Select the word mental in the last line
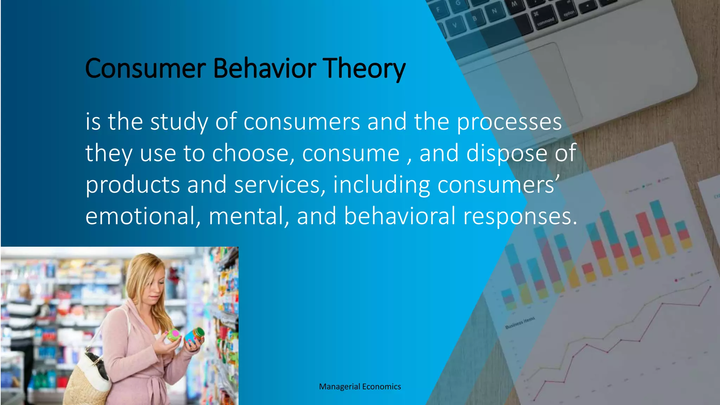pyautogui.click(x=249, y=216)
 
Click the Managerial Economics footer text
pyautogui.click(x=360, y=387)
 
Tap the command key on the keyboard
pyautogui.click(x=545, y=20)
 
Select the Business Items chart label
pyautogui.click(x=520, y=323)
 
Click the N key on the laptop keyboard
pyautogui.click(x=494, y=11)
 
